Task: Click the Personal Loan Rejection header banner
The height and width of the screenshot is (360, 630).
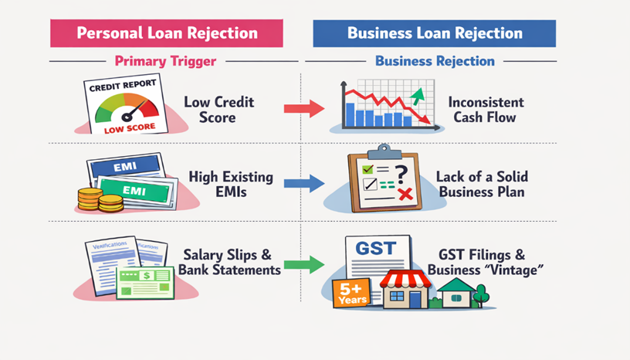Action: point(166,33)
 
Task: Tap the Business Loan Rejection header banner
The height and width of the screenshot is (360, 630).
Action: point(435,33)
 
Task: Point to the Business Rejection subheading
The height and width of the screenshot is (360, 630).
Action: point(435,60)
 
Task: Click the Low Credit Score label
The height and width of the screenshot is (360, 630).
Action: point(218,109)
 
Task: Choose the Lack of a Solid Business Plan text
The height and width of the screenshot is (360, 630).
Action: point(486,184)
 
